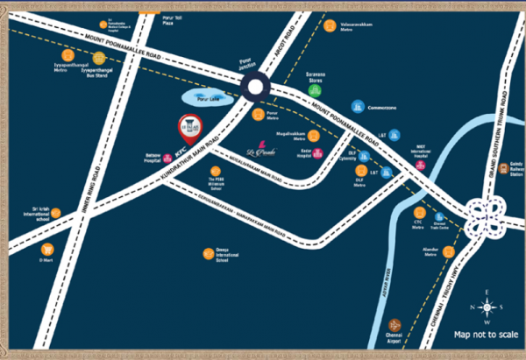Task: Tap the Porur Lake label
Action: (205, 100)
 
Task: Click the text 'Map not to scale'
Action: (486, 334)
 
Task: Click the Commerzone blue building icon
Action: (358, 106)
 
